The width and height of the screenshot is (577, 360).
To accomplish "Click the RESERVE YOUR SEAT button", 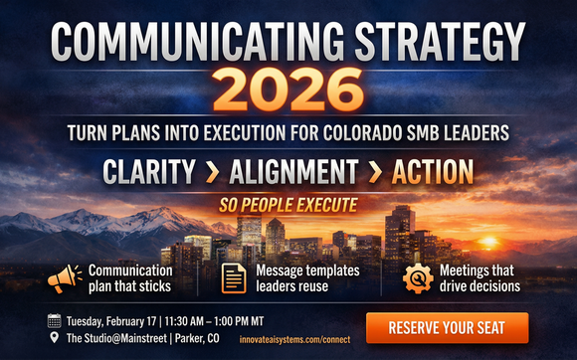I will [447, 327].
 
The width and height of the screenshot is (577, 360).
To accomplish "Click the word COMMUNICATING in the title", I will [189, 42].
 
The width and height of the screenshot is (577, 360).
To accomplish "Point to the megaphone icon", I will [64, 277].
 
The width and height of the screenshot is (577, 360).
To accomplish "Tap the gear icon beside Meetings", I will [417, 277].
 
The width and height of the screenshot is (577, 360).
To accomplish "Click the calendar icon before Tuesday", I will [54, 320].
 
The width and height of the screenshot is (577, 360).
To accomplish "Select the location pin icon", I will [54, 338].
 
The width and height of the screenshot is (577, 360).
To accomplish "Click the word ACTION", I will [432, 172].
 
